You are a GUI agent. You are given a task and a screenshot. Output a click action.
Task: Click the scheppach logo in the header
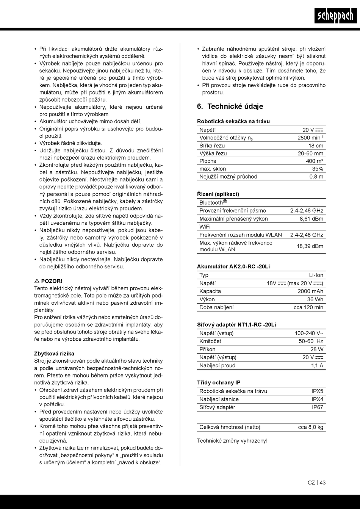click(x=335, y=15)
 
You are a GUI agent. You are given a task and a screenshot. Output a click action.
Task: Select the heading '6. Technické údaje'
click(x=230, y=106)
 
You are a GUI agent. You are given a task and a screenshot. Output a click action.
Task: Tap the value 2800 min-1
click(x=310, y=138)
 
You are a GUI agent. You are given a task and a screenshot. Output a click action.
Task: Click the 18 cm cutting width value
click(x=316, y=146)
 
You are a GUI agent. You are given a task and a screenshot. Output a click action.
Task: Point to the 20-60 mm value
click(x=310, y=153)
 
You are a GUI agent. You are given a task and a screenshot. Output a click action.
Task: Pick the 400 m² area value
click(x=315, y=161)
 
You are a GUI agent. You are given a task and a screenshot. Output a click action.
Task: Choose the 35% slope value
click(x=318, y=169)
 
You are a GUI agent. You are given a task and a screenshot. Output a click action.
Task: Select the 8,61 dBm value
click(x=311, y=219)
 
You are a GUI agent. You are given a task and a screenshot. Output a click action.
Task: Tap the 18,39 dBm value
click(x=310, y=246)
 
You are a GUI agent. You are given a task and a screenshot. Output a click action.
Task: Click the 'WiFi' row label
click(x=205, y=227)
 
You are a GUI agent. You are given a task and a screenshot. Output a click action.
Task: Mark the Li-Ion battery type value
click(x=316, y=275)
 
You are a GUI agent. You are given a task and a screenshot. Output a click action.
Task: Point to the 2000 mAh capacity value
click(x=310, y=291)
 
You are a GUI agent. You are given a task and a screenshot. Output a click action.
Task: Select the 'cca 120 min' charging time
click(x=308, y=307)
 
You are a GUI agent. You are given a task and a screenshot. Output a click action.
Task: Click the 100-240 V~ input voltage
click(x=309, y=334)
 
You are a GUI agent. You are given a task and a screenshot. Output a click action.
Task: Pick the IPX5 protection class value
click(x=317, y=391)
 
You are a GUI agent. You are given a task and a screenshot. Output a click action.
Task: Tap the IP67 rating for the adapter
click(x=318, y=407)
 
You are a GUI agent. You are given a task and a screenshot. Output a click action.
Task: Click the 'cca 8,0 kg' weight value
click(x=310, y=427)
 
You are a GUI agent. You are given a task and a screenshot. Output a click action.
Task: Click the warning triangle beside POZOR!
click(x=37, y=281)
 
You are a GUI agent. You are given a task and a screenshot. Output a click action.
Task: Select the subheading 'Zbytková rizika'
click(x=54, y=354)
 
